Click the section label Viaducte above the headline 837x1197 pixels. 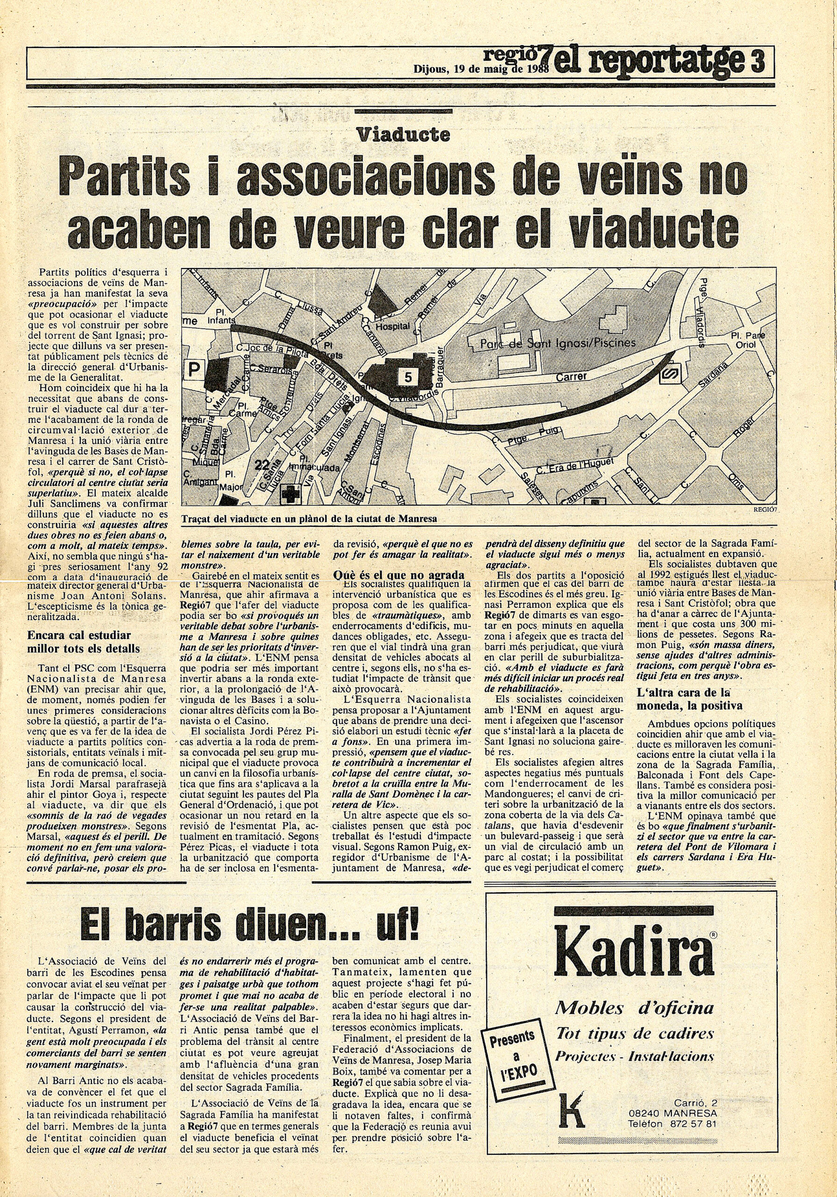tap(403, 136)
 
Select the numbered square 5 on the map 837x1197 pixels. tap(407, 377)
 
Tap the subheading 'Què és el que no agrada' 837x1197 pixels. tap(398, 576)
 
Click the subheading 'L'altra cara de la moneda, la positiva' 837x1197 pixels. tap(689, 699)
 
